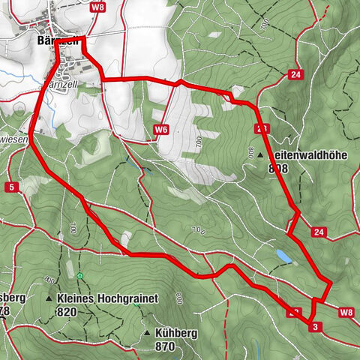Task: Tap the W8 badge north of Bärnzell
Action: (96, 7)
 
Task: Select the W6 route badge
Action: (160, 130)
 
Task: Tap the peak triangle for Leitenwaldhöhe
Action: (260, 155)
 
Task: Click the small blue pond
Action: (283, 256)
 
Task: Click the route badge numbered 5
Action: (12, 186)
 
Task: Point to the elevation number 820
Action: (66, 312)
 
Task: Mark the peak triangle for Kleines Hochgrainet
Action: (49, 298)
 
